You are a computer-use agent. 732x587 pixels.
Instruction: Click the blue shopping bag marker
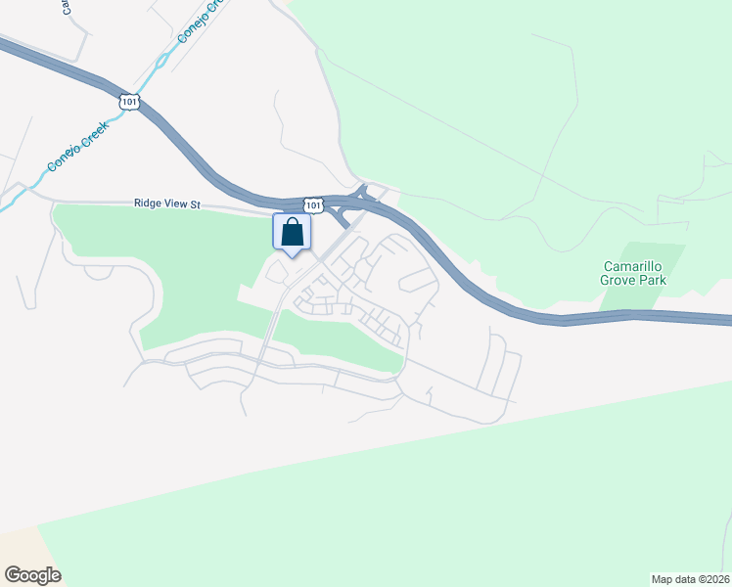[x=292, y=234]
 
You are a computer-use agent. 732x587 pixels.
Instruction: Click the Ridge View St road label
[x=166, y=204]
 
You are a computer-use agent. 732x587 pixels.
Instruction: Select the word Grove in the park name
[x=618, y=280]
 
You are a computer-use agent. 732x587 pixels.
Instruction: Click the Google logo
[x=32, y=575]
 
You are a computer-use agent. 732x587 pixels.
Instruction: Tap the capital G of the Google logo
[x=13, y=575]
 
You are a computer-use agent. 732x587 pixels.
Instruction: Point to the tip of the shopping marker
[x=292, y=258]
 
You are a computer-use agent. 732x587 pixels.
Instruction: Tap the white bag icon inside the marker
[x=292, y=233]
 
